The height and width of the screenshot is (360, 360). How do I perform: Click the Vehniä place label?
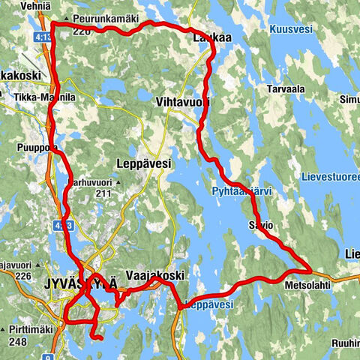click(19, 5)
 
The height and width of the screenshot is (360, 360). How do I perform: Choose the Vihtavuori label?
click(180, 100)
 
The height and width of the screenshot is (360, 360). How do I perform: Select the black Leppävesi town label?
click(145, 163)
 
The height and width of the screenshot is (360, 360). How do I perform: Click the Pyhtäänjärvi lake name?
click(251, 192)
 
